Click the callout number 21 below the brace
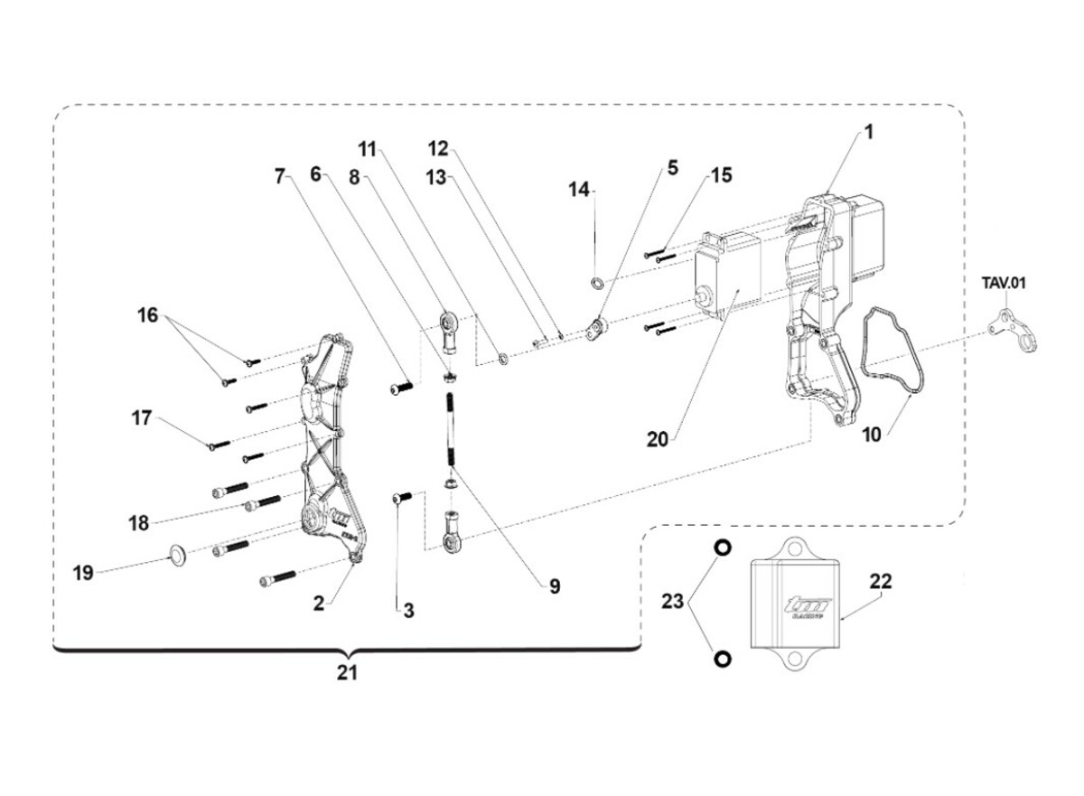[348, 672]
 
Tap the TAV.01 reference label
[1005, 283]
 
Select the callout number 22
[880, 582]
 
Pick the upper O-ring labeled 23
[723, 548]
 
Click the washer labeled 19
[177, 552]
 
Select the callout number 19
[83, 573]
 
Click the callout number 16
[147, 315]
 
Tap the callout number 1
[868, 133]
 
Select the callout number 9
[554, 586]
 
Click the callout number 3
[408, 611]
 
